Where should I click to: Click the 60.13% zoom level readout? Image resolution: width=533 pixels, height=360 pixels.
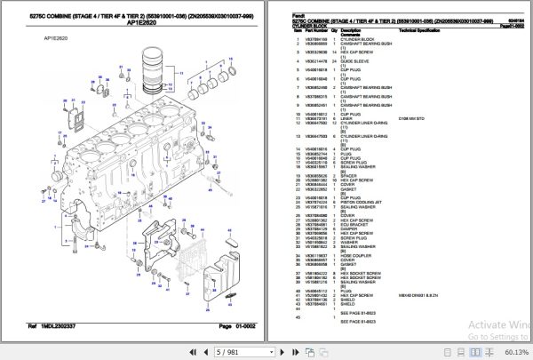click(513, 352)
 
